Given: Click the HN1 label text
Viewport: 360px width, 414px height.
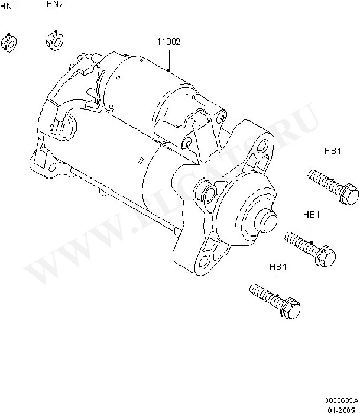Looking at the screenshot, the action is [8, 7].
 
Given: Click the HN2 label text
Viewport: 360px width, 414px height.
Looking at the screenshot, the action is [55, 5].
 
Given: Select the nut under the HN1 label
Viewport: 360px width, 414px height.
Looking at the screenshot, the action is [9, 43].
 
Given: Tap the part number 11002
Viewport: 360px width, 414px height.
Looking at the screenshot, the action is [169, 42].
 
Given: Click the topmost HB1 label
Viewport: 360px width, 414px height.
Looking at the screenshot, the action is [333, 151].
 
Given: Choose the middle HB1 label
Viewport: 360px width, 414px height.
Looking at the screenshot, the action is [312, 215].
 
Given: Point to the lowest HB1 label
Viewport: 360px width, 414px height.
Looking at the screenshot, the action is [278, 267].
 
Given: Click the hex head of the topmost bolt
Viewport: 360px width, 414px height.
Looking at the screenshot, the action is [349, 194].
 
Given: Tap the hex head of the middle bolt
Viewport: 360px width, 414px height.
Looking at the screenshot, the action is [326, 256].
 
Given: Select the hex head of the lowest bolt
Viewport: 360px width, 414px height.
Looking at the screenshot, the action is [290, 309].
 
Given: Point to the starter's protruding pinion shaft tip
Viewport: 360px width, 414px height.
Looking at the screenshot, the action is [267, 221].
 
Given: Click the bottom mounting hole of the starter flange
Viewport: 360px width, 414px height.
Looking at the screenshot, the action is [204, 261].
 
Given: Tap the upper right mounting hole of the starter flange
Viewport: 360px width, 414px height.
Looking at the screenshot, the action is [262, 145].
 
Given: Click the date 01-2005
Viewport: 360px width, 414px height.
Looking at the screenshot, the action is [340, 409].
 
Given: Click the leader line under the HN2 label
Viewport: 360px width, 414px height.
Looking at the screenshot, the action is [56, 20].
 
